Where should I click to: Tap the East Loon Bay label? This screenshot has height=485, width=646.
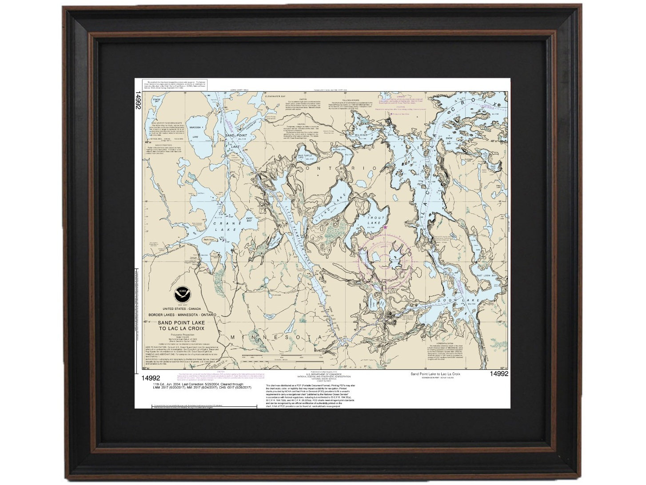486,276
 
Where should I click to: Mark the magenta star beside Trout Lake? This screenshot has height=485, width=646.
385,227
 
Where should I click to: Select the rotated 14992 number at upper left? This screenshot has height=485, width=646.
139,100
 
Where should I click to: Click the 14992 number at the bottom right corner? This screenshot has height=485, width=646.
498,374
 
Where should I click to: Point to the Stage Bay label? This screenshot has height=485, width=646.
156,101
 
